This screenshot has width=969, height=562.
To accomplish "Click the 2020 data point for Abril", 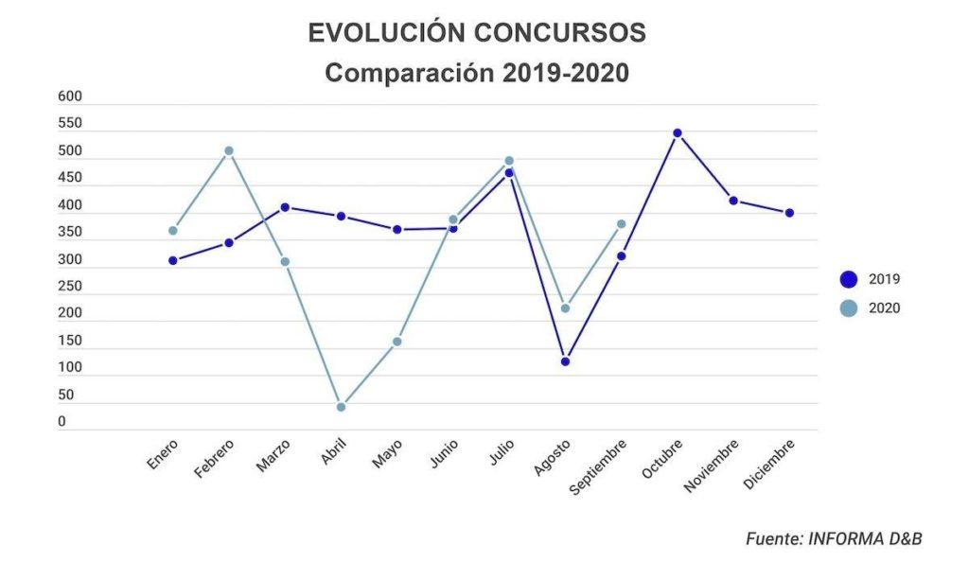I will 341,407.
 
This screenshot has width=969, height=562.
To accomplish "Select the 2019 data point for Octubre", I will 678,133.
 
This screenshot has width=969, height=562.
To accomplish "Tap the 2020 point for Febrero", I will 229,150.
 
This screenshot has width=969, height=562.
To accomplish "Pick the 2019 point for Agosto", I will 565,361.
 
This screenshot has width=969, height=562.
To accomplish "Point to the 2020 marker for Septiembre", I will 622,224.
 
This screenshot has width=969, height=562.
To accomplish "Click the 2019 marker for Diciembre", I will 789,213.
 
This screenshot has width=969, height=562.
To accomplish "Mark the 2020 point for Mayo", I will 397,342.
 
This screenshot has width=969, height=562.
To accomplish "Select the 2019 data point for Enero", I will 173,260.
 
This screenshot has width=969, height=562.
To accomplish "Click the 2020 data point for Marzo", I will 285,261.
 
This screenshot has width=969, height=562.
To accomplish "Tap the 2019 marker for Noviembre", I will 733,201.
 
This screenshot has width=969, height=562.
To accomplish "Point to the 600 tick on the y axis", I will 70,97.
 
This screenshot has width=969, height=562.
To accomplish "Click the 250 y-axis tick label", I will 70,286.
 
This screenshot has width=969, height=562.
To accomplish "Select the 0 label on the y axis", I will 62,422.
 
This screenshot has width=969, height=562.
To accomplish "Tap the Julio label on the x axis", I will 501,450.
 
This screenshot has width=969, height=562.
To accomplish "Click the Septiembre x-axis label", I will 598,467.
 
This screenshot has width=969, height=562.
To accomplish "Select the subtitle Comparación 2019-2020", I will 477,73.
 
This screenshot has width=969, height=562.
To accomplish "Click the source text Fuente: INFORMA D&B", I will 834,538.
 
